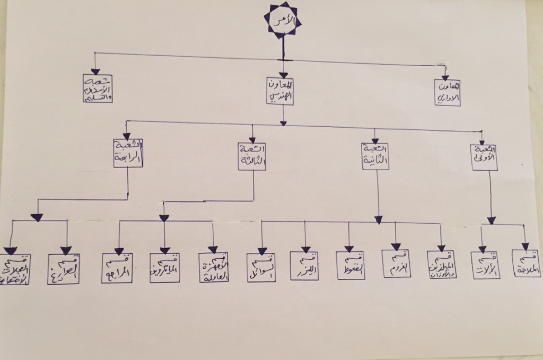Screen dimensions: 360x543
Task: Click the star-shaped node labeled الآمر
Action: coord(283,20)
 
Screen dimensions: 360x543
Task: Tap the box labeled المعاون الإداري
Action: coord(447,92)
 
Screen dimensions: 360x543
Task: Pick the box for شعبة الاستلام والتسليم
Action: coord(98,88)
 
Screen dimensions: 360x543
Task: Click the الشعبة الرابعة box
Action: coord(128,153)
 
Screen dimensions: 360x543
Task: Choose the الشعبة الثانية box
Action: coord(375,156)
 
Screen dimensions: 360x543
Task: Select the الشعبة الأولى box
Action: coord(484,156)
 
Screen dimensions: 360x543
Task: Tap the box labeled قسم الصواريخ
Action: coord(64,269)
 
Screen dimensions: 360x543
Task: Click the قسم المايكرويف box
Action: coord(164,268)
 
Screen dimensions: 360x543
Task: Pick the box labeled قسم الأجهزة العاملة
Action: coord(214,267)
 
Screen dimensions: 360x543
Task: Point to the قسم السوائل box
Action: coord(261,267)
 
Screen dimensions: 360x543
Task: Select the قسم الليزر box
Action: coord(304,266)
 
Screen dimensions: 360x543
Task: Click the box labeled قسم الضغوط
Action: coord(350,265)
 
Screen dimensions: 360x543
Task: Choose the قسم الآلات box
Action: coord(485,266)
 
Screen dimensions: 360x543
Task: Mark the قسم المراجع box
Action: coord(117,268)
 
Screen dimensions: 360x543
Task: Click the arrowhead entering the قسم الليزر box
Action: coord(305,249)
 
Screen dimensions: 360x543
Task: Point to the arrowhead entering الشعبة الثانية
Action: coord(375,140)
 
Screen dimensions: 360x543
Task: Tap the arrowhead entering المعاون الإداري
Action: coord(445,77)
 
